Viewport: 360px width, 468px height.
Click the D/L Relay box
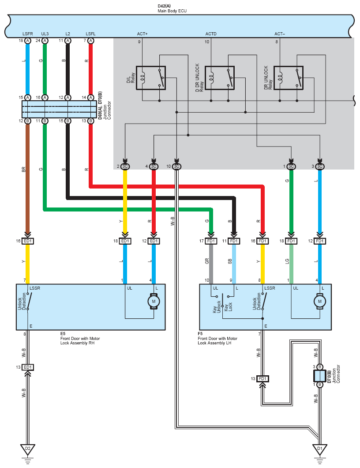(x=150, y=78)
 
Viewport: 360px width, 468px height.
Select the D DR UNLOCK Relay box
(x=220, y=78)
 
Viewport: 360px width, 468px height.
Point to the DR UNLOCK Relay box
(x=289, y=78)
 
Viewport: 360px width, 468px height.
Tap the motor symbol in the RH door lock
(x=154, y=302)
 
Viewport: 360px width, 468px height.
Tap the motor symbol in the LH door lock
(x=320, y=302)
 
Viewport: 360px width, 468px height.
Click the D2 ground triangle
(x=28, y=449)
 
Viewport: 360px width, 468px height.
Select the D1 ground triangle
(x=320, y=449)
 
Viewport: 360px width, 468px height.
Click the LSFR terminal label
(x=28, y=34)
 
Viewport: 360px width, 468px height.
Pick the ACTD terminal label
(x=211, y=34)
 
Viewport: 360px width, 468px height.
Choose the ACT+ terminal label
(x=142, y=34)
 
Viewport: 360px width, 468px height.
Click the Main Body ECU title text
(x=172, y=11)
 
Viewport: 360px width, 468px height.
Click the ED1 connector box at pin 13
(x=28, y=367)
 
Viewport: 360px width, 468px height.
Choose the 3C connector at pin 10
(x=176, y=166)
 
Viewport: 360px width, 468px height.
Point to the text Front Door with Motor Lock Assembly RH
(x=80, y=340)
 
